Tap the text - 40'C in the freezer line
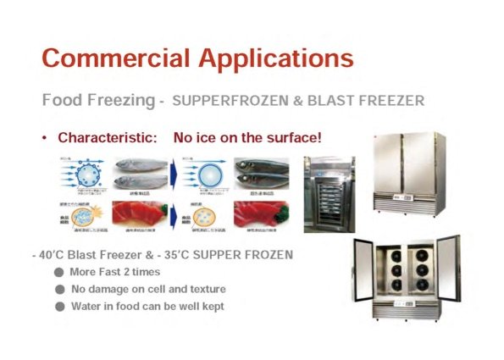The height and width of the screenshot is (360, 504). tap(51, 253)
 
